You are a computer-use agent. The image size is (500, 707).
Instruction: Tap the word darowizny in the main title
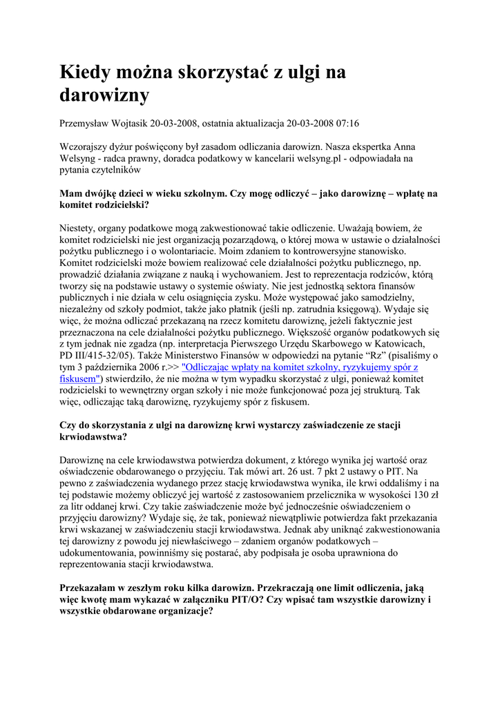point(104,95)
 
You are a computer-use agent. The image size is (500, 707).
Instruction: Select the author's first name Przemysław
point(89,124)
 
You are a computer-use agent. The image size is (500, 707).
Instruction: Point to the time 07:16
point(346,124)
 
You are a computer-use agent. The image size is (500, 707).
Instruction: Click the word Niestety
point(80,226)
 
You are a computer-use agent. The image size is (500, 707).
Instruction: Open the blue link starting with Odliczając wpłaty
point(299,368)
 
